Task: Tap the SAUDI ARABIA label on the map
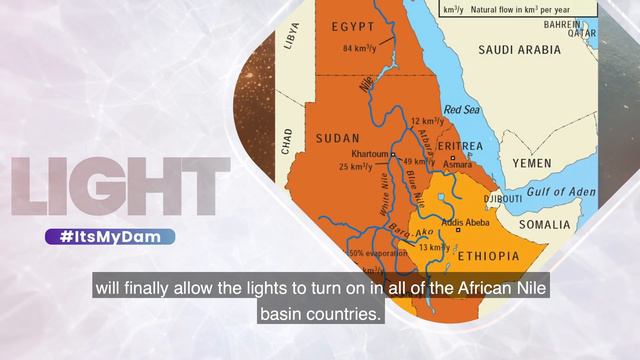[x=521, y=49]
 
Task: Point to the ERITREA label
[x=460, y=146]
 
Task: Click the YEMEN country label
[x=531, y=162]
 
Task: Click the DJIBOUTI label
[x=502, y=199]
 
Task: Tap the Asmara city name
[x=458, y=163]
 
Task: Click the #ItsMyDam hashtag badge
[x=110, y=237]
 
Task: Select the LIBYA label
[x=292, y=35]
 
